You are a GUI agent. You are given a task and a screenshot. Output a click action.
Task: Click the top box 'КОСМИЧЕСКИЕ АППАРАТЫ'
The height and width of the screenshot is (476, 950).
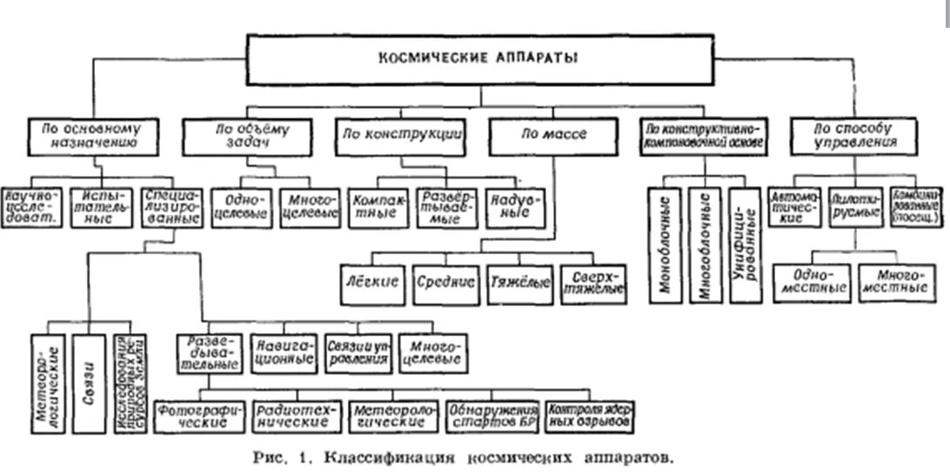(x=477, y=60)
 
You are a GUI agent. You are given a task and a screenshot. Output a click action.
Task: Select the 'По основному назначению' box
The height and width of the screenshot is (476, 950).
(x=90, y=135)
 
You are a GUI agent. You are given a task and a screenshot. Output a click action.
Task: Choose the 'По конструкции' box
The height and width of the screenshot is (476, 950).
(x=398, y=135)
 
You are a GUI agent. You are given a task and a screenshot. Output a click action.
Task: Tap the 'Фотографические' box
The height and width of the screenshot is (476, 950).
(x=199, y=415)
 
